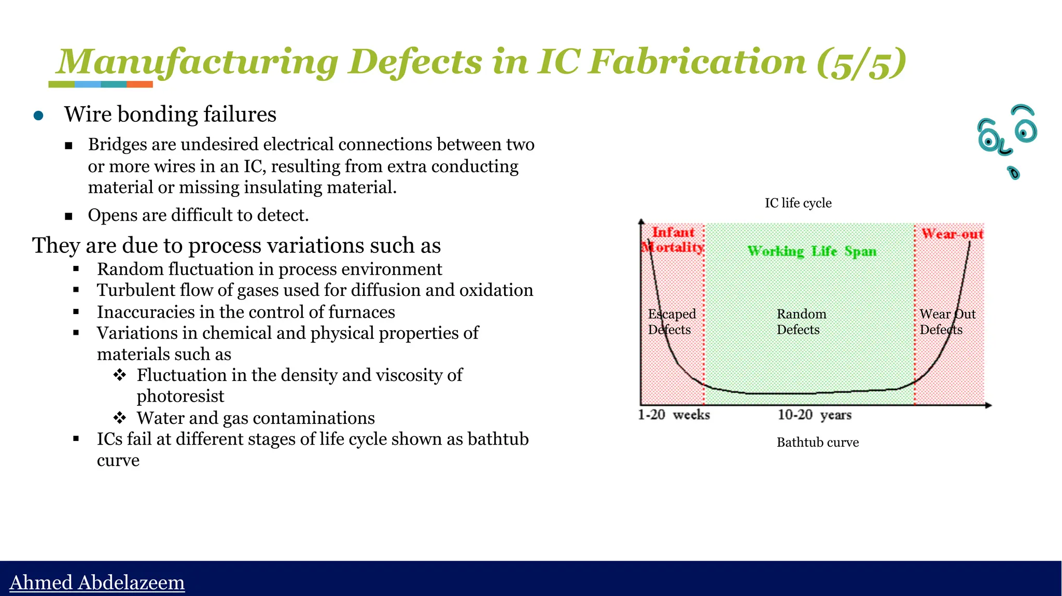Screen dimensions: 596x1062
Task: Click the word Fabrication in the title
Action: click(698, 62)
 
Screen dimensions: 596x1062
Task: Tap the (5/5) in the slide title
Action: click(861, 63)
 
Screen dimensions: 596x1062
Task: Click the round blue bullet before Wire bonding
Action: click(38, 115)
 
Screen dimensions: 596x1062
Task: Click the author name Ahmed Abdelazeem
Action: click(97, 583)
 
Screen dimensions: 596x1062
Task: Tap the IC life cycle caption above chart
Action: click(798, 203)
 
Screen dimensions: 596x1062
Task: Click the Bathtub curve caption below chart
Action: click(817, 443)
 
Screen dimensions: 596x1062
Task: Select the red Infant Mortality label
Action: click(673, 240)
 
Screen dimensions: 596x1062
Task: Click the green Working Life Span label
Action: click(812, 251)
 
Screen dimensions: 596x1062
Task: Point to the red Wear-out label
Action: click(952, 234)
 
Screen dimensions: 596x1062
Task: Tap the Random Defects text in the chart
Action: click(801, 322)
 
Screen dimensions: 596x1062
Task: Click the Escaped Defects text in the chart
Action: click(672, 322)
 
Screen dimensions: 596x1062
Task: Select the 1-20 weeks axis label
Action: click(674, 415)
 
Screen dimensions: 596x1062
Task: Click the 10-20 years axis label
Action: click(814, 415)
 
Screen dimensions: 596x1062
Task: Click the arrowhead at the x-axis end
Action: click(988, 405)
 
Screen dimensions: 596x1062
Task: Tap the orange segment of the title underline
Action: click(139, 84)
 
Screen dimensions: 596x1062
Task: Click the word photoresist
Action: click(180, 396)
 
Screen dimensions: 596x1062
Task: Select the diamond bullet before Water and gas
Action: click(120, 417)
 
